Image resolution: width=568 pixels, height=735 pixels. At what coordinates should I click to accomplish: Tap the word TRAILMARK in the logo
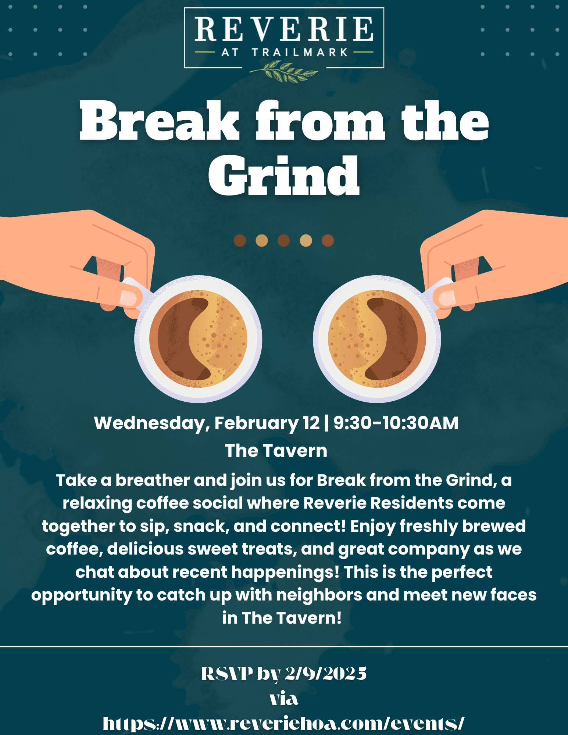pos(300,52)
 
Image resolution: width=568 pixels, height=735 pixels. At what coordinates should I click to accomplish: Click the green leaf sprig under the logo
pos(284,71)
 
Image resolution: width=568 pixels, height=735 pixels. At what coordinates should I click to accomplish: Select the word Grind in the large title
pos(284,176)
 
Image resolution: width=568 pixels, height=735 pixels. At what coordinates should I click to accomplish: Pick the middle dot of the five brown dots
pos(283,241)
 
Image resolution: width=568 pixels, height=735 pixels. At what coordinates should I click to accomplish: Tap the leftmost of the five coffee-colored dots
pos(240,241)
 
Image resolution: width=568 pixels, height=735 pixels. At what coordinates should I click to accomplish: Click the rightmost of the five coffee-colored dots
pos(328,241)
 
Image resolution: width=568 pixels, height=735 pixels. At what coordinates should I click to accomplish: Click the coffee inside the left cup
pos(198,339)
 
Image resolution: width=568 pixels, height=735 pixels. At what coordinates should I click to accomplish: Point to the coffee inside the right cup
pos(377,339)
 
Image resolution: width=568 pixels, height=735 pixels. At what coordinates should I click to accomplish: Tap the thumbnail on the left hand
pos(129,298)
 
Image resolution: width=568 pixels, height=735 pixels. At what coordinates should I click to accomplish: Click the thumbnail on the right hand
pos(447,298)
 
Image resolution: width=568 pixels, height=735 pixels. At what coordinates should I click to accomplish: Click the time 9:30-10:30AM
pos(396,423)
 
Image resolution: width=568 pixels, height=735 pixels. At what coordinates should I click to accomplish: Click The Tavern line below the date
pos(276,451)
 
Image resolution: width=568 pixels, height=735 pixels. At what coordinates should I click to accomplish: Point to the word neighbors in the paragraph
pos(319,595)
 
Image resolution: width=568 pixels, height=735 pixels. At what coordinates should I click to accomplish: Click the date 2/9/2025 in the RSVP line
pos(326,674)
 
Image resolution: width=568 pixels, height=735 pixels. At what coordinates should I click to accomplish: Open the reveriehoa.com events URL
pos(283,724)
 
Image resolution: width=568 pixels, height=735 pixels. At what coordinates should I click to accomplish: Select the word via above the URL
pos(284,699)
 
